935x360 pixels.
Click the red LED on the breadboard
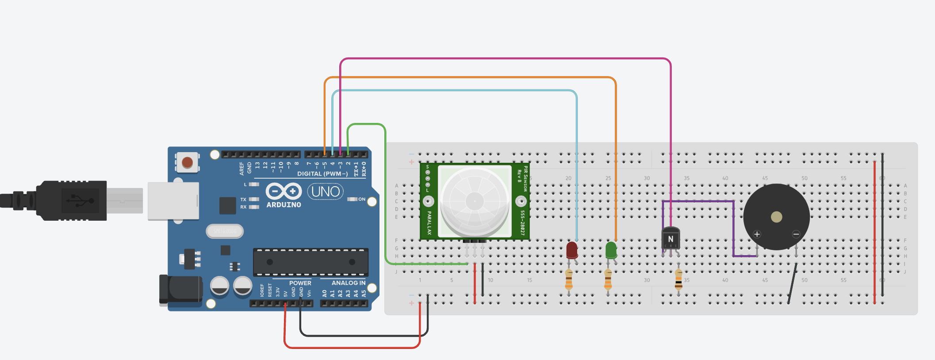click(x=572, y=250)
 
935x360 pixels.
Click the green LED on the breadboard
click(x=611, y=250)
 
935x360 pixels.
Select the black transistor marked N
click(x=671, y=239)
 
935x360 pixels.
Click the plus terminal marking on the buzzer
click(x=757, y=234)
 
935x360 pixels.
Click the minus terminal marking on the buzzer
click(x=796, y=234)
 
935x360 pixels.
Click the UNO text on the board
click(x=326, y=191)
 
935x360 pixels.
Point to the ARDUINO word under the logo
click(x=284, y=205)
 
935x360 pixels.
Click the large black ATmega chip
click(x=310, y=262)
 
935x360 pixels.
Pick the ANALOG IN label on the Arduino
click(x=349, y=283)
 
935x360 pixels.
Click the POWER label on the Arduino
click(x=300, y=283)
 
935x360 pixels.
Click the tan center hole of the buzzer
click(x=776, y=217)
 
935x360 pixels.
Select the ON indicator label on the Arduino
click(x=362, y=199)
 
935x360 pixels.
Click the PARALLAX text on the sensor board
click(x=429, y=222)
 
